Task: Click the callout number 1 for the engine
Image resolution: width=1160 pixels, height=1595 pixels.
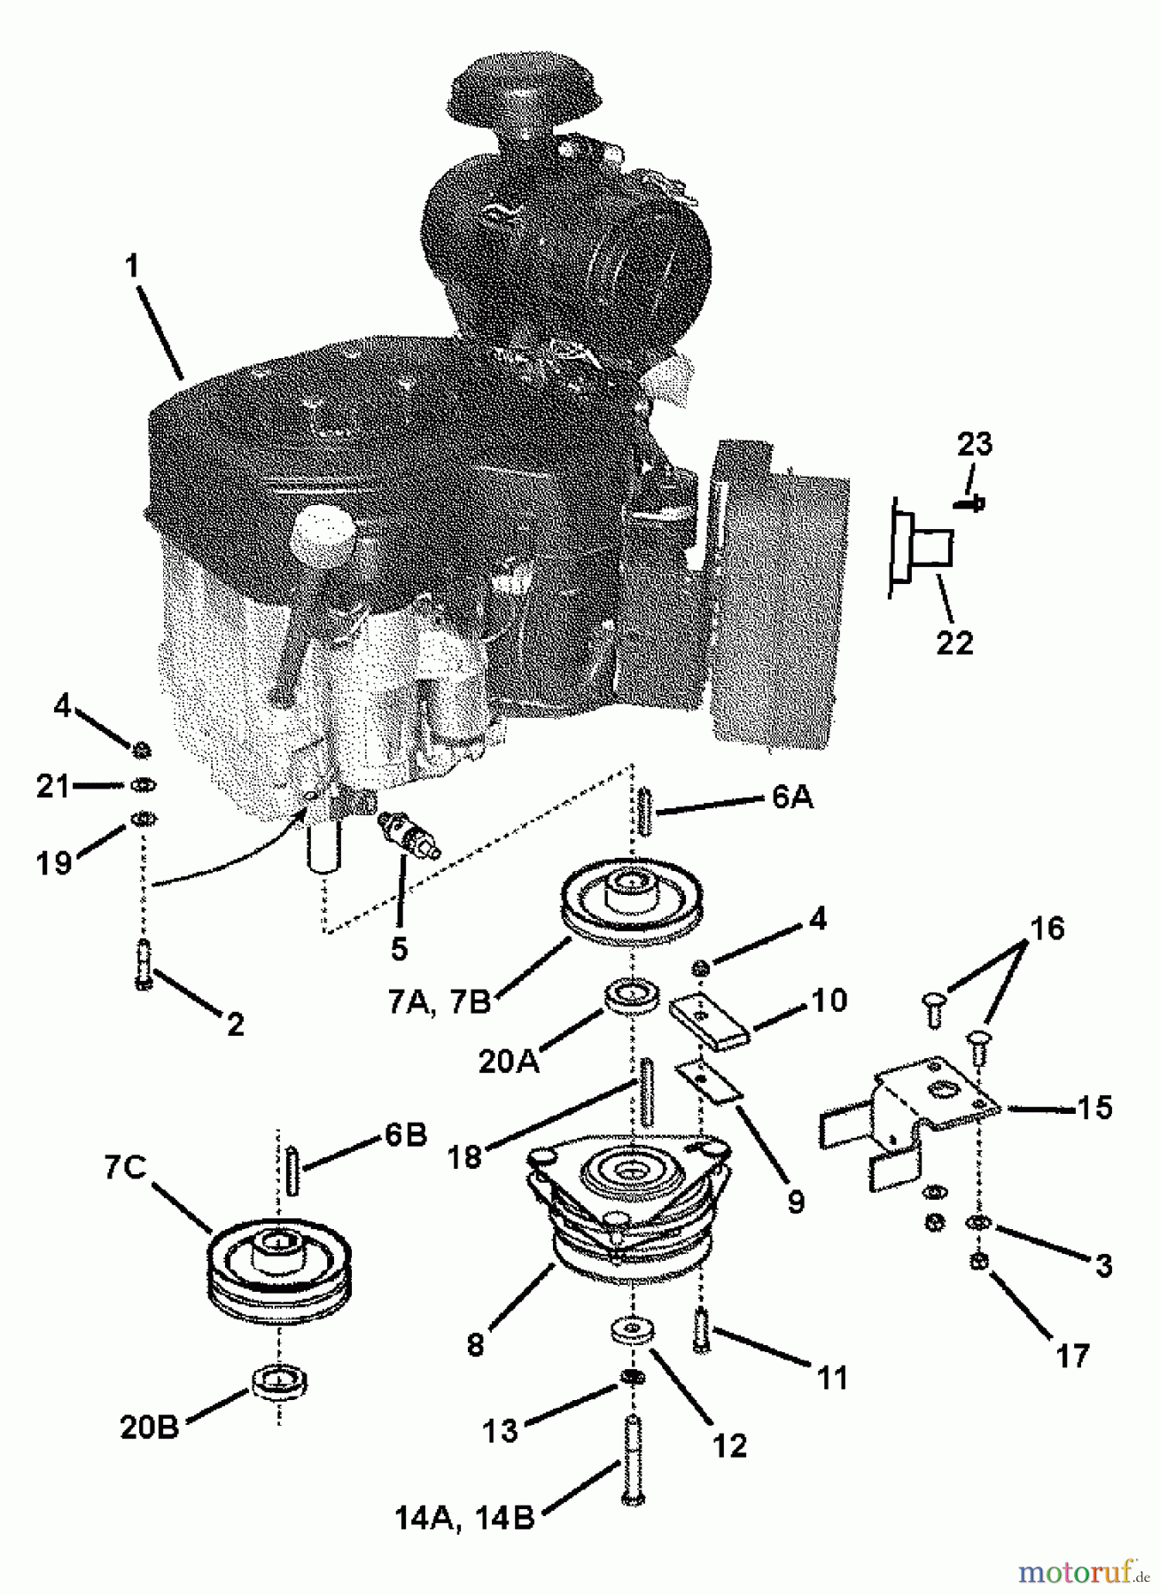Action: tap(132, 265)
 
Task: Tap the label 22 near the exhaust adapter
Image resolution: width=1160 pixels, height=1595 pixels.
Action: tap(954, 642)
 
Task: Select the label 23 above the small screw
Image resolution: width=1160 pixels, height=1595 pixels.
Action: tap(974, 444)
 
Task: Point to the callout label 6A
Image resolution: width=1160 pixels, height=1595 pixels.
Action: tap(791, 797)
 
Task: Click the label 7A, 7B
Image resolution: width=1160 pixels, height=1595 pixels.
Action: tap(439, 1001)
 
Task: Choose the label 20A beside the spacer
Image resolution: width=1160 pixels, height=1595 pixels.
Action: tap(509, 1061)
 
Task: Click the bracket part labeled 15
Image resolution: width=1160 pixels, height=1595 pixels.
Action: tap(930, 1108)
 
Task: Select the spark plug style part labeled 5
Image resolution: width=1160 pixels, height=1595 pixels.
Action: tap(409, 836)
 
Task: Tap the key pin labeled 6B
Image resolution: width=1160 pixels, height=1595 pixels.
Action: tap(293, 1169)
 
